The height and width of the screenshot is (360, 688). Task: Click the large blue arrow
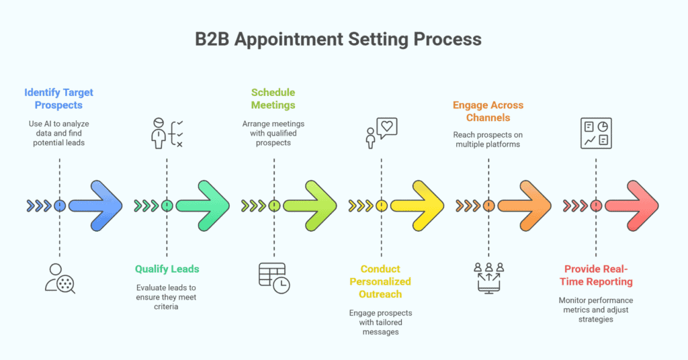pyautogui.click(x=96, y=206)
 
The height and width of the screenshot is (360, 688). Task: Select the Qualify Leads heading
pyautogui.click(x=167, y=269)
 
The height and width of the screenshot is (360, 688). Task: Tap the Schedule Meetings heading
pyautogui.click(x=273, y=99)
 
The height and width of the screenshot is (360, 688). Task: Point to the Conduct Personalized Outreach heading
pyautogui.click(x=380, y=281)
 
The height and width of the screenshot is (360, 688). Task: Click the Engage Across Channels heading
pyautogui.click(x=488, y=111)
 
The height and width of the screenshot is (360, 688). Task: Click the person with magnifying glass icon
pyautogui.click(x=60, y=278)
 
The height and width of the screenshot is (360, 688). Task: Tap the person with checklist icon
pyautogui.click(x=166, y=133)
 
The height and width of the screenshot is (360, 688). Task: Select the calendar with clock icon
pyautogui.click(x=273, y=277)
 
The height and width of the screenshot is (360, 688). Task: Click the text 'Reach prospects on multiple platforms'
pyautogui.click(x=488, y=140)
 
